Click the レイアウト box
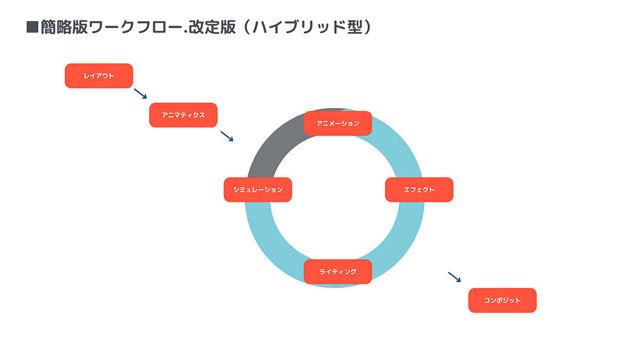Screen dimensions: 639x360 (99, 76)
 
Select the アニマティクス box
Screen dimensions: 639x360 (183, 115)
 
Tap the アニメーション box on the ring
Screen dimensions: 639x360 (338, 123)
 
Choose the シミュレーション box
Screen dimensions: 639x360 (258, 189)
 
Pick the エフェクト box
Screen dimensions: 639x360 (419, 189)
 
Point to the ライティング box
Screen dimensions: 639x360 (338, 272)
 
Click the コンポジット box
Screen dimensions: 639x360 (502, 301)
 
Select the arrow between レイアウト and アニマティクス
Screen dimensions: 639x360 (141, 94)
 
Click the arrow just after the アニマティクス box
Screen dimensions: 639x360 (227, 136)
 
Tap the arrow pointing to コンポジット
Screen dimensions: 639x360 (454, 277)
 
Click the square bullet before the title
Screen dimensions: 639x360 (32, 27)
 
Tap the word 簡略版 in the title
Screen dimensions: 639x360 (63, 27)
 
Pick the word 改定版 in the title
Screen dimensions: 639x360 (212, 27)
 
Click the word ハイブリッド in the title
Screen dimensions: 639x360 (300, 27)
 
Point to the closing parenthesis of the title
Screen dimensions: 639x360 (367, 27)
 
